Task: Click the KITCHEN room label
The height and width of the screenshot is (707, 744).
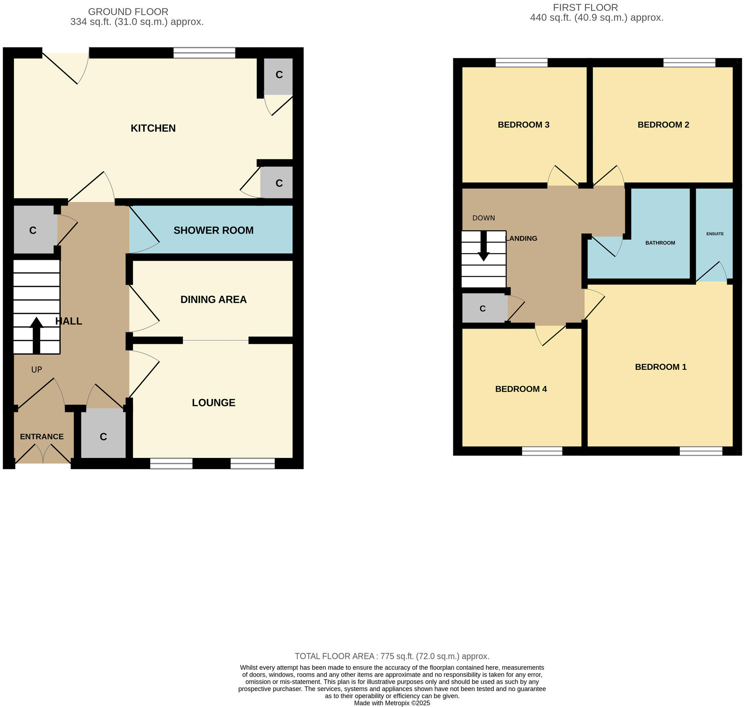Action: click(153, 128)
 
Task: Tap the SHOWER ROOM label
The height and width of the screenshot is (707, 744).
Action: click(213, 230)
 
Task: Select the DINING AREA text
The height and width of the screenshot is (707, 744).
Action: click(213, 299)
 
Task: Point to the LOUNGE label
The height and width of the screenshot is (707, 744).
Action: click(213, 402)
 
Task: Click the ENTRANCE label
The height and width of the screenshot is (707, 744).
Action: click(42, 436)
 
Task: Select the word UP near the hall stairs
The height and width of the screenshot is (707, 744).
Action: click(37, 369)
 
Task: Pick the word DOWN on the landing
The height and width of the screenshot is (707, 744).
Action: click(483, 218)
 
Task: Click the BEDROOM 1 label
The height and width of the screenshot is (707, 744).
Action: click(660, 366)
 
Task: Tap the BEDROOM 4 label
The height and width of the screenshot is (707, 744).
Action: click(521, 389)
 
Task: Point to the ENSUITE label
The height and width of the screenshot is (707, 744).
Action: click(715, 234)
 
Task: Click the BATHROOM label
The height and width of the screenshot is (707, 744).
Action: click(660, 243)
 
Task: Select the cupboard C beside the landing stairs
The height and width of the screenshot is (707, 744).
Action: click(483, 308)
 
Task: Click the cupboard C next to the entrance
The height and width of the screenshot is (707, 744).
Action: click(103, 436)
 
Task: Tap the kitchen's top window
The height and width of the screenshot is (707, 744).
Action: click(204, 53)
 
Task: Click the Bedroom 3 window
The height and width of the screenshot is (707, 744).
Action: click(521, 63)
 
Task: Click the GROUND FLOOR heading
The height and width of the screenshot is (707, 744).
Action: click(128, 12)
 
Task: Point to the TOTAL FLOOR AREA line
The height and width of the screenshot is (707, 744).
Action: click(392, 656)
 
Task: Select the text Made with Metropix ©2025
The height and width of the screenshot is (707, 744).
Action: click(392, 703)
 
